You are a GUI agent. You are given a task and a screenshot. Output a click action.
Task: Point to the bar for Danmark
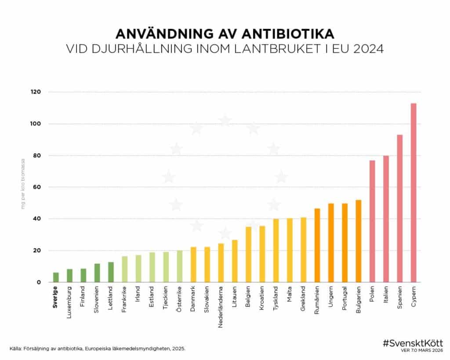pos(193,265)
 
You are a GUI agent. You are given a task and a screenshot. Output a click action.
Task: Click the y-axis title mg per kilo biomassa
pos(23,184)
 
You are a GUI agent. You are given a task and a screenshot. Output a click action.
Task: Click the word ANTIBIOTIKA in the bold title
pos(287,34)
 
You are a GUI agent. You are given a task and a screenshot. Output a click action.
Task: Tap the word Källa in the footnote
pos(16,349)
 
